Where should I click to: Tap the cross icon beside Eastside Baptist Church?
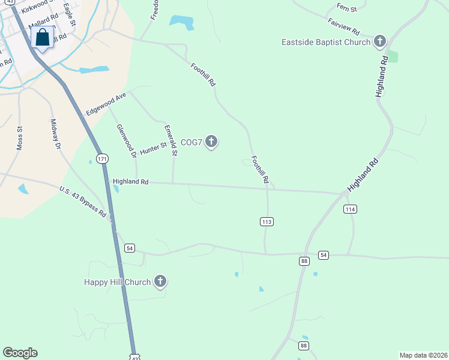379,42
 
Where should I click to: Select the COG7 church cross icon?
211,142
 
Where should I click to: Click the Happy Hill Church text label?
117,281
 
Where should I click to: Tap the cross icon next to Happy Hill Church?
160,281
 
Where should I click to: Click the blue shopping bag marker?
43,38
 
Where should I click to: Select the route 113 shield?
267,222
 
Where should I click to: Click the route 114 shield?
351,209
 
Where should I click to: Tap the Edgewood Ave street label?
106,104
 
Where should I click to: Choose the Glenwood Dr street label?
127,141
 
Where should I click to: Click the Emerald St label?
170,140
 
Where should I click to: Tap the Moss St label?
19,137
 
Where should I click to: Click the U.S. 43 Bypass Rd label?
83,202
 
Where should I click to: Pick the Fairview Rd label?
343,26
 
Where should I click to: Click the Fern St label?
347,8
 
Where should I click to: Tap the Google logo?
20,353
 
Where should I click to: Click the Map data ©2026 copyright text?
423,355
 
